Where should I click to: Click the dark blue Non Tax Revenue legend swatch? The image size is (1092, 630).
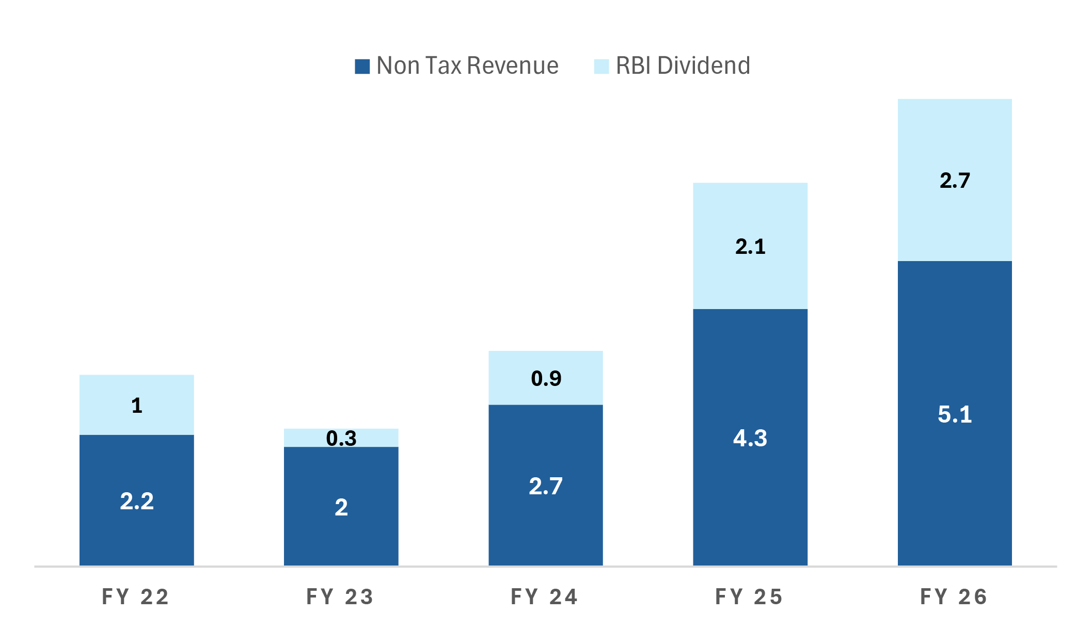[x=362, y=67]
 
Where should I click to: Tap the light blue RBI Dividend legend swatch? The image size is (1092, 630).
[x=601, y=67]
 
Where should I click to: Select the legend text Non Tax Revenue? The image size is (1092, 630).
[x=467, y=66]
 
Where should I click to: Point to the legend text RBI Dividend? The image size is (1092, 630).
[x=683, y=66]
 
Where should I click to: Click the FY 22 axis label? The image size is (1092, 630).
[x=136, y=597]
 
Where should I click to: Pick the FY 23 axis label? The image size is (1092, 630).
[x=340, y=597]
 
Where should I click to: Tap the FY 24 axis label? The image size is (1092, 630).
[x=545, y=597]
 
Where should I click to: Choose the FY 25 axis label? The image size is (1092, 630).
[x=749, y=597]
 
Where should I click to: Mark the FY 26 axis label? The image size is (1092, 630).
[x=954, y=597]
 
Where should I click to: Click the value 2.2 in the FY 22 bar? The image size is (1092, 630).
[x=137, y=502]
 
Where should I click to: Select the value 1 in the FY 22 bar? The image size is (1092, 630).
[x=137, y=406]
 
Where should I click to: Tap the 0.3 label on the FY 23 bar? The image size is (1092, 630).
[x=341, y=439]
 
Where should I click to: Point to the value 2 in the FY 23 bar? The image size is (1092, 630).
[x=341, y=508]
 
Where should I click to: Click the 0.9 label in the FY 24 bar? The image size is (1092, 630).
[x=546, y=379]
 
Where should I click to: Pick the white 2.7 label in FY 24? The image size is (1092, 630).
[x=546, y=487]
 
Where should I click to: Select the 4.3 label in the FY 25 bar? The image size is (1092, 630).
[x=750, y=439]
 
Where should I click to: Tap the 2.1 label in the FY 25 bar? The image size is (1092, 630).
[x=750, y=247]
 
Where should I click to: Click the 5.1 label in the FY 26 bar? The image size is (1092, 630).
[x=955, y=415]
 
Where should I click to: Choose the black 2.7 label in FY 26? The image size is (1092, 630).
[x=955, y=181]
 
